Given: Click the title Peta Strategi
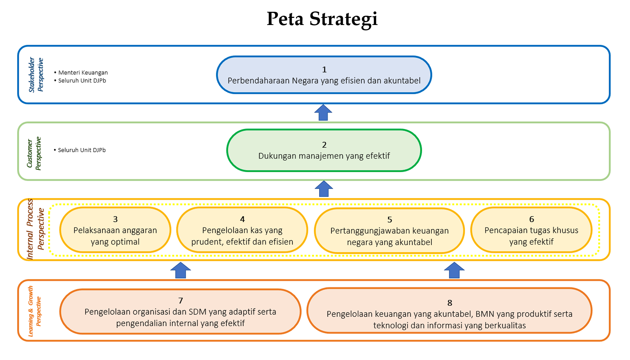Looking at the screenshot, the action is tap(322, 19).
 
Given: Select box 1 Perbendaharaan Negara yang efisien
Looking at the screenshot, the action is tap(324, 75).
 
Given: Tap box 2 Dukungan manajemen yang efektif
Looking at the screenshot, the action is tap(324, 150).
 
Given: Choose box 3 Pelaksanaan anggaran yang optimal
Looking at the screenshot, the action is tap(115, 230).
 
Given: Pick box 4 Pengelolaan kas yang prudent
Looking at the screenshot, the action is tap(242, 230).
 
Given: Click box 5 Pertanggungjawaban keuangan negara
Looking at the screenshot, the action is tap(389, 231).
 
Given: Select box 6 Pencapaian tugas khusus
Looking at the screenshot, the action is tap(531, 230).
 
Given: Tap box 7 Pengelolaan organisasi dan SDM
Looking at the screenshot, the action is tap(180, 311).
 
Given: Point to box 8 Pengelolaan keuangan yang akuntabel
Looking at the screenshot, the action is tap(449, 311).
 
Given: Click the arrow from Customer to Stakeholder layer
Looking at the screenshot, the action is tap(323, 112).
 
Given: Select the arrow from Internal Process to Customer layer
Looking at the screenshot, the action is tap(324, 189).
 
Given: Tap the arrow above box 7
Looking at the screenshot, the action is tap(181, 270).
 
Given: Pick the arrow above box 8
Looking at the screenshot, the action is tap(454, 270).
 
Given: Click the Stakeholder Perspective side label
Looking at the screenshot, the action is tap(36, 75).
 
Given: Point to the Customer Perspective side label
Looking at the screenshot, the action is tap(34, 153).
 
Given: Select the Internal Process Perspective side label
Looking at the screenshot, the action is tap(36, 229).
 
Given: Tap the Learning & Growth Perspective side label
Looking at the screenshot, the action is tap(35, 311).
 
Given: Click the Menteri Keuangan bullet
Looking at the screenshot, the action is tap(81, 72).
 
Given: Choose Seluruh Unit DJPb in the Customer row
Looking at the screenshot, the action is tap(80, 150).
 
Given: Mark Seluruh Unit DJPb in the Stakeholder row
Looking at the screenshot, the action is tap(80, 80).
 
